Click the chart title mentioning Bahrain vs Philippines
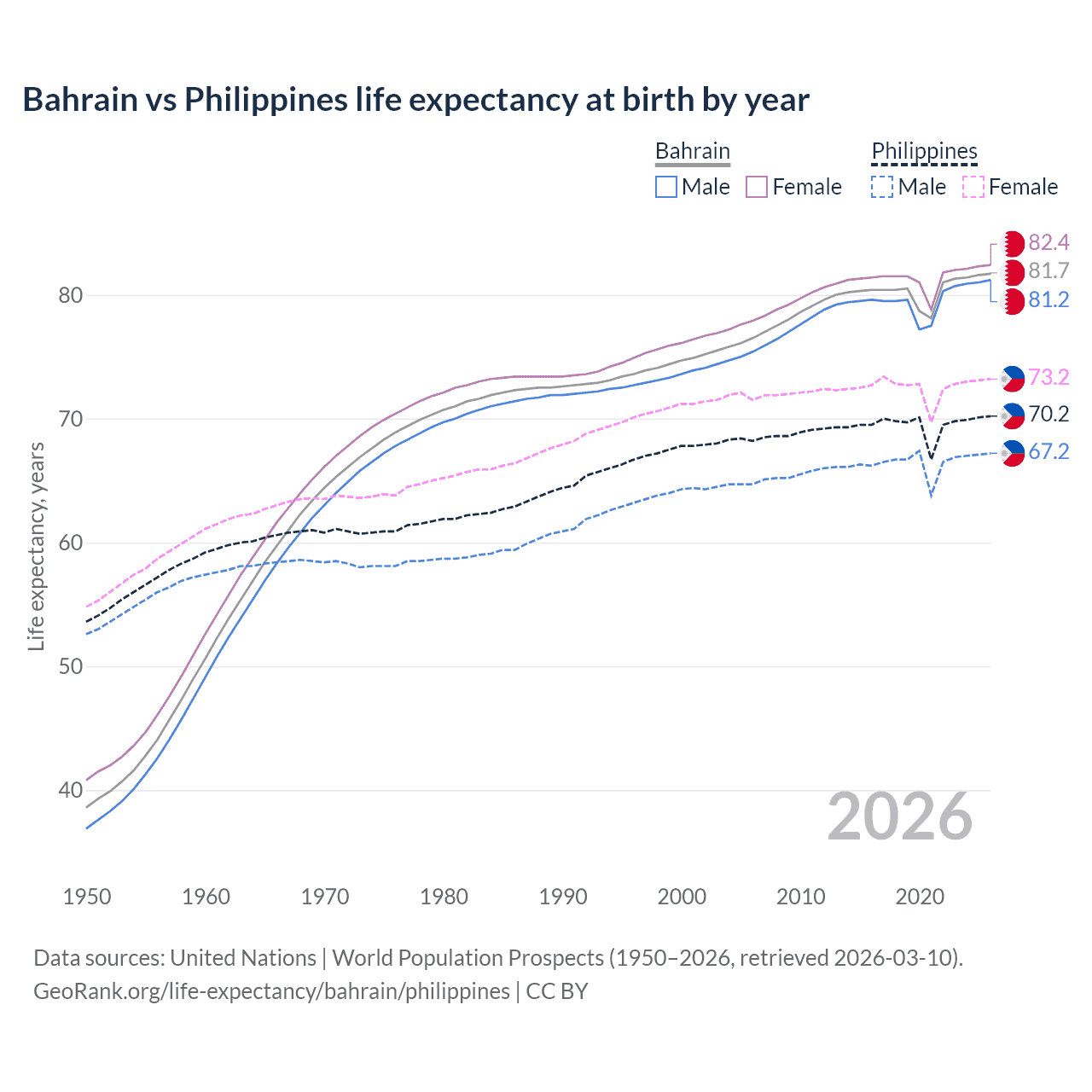coord(415,100)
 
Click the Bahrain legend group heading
coord(692,151)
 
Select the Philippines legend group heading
coord(924,151)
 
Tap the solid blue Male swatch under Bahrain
coord(666,187)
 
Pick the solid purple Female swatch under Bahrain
coord(757,187)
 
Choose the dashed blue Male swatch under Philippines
coord(882,187)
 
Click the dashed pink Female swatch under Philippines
coord(973,187)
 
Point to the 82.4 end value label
coord(1048,242)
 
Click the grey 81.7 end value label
coord(1048,271)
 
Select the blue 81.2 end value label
coord(1048,300)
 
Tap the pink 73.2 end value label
coord(1048,377)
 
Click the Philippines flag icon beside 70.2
coord(1013,415)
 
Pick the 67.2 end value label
coord(1048,452)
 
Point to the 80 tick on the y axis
coord(71,296)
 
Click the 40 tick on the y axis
coord(71,791)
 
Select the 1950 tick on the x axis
coord(87,897)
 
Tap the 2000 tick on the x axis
coord(682,897)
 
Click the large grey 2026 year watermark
coord(900,816)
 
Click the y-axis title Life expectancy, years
coord(36,546)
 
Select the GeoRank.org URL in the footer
coord(271,991)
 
